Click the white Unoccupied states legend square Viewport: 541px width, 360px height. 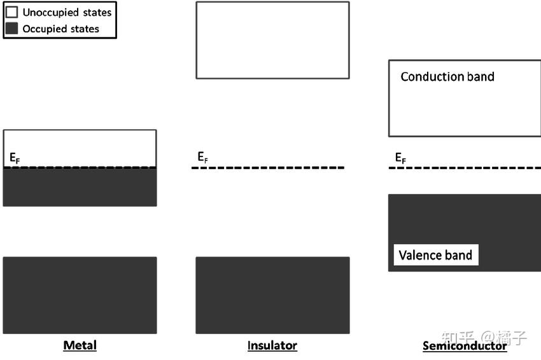coord(11,12)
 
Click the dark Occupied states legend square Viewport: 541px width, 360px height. coord(11,28)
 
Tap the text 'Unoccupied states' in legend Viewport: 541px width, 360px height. coord(67,13)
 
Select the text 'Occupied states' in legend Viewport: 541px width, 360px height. coord(60,29)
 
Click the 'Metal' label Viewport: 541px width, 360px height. coord(80,345)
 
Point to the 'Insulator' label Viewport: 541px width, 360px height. coord(272,345)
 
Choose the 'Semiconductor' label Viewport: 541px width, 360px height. coord(465,345)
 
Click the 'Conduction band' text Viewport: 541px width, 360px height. coord(447,76)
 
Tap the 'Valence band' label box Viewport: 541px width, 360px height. coord(436,255)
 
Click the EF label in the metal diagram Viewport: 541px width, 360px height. coord(15,158)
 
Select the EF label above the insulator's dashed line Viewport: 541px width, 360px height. coord(202,157)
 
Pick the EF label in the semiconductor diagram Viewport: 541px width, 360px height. coord(400,158)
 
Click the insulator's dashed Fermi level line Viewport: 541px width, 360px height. coord(268,167)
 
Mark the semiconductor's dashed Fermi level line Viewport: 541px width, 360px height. coord(465,167)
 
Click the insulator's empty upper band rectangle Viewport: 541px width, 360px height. coord(272,40)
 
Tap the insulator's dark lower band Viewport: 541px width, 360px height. coord(272,295)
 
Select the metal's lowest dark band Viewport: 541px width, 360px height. coord(80,295)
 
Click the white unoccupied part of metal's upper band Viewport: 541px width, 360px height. coord(80,148)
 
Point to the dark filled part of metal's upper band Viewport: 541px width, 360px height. coord(80,187)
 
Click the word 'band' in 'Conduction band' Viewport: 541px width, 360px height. coord(481,76)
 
